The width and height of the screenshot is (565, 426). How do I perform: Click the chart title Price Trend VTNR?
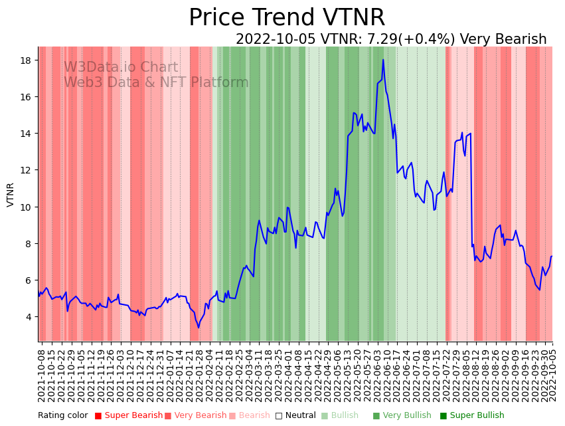(286, 18)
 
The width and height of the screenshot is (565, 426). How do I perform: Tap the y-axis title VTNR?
(11, 195)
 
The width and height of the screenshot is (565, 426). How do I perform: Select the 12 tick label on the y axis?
(27, 170)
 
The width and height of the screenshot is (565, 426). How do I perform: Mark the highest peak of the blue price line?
(383, 60)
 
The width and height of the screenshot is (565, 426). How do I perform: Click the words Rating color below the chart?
(62, 415)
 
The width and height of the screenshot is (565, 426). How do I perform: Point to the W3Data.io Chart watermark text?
(121, 68)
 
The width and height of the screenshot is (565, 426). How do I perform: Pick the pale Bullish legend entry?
(345, 415)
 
